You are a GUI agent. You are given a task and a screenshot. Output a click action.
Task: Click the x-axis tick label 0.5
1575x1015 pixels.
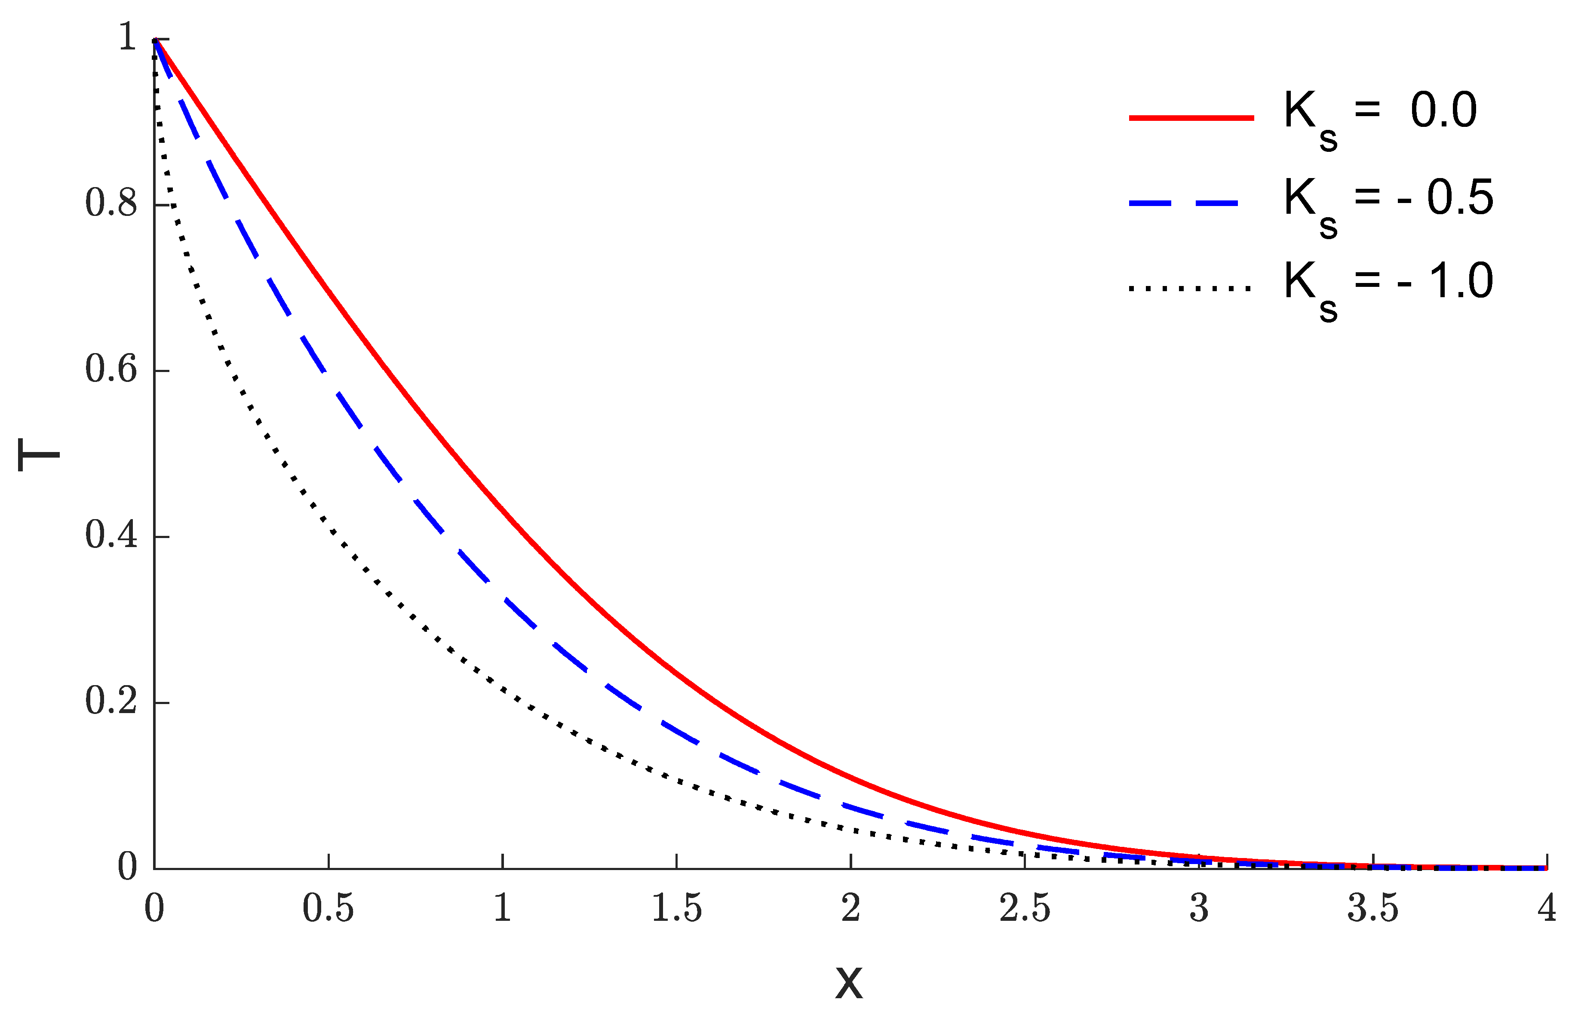[328, 909]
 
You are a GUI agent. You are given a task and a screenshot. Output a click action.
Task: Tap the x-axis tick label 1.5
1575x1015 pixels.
[676, 909]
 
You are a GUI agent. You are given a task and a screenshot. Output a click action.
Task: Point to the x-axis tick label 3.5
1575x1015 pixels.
[1373, 909]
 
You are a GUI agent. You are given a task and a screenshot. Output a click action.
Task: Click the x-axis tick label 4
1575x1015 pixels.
[1547, 909]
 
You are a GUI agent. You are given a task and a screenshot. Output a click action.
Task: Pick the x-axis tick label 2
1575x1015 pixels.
[850, 909]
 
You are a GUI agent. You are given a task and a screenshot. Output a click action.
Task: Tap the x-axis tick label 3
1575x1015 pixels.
[1199, 909]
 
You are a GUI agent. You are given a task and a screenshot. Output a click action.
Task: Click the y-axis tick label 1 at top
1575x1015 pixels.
[127, 37]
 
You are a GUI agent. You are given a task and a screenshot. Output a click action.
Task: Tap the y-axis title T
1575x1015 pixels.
[38, 455]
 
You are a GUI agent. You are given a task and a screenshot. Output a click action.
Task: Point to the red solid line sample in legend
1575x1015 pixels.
[1191, 118]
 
